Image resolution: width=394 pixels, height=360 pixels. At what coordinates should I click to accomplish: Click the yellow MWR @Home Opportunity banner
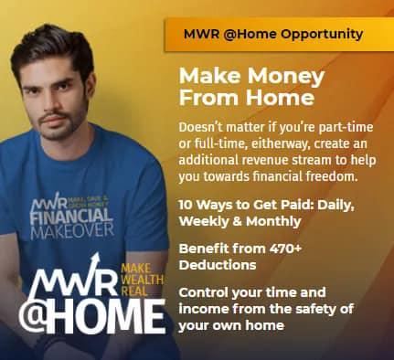click(x=274, y=34)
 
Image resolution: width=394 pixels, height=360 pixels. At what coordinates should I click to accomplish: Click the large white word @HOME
click(x=95, y=315)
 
